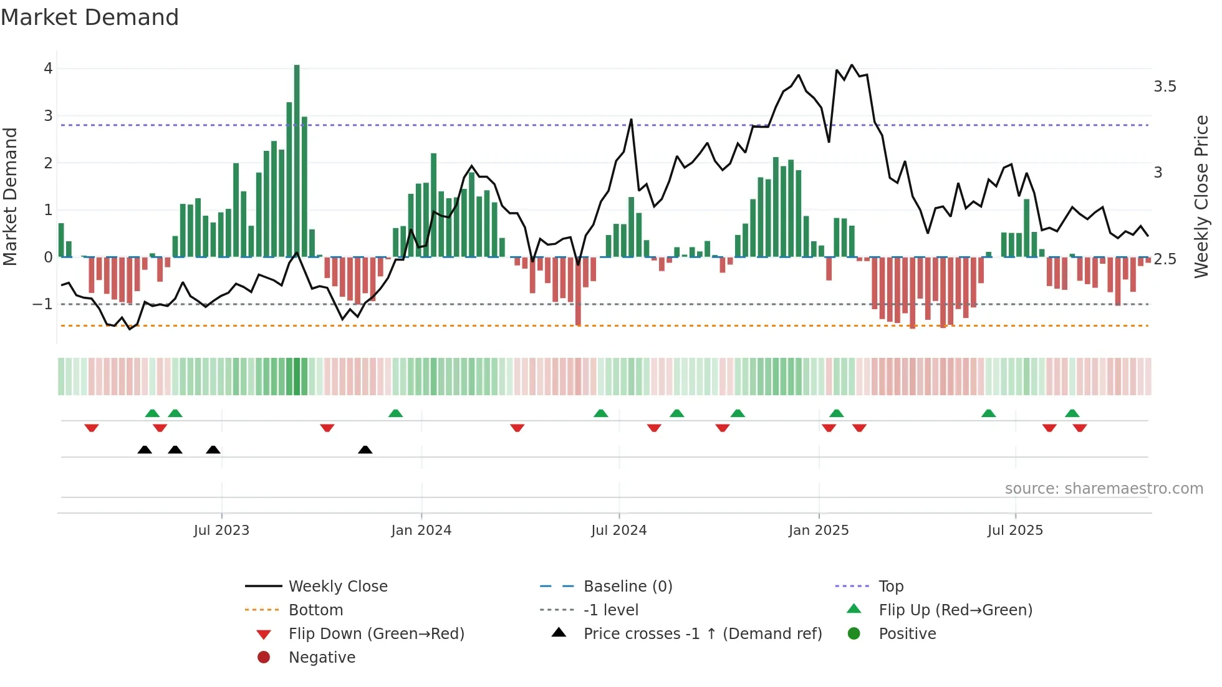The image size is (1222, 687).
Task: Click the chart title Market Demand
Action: click(x=90, y=17)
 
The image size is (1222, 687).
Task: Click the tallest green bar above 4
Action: click(x=297, y=160)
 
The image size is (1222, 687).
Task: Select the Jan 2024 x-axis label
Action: click(x=421, y=531)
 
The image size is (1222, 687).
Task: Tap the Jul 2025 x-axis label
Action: click(x=1014, y=531)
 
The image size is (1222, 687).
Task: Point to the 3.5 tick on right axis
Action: click(x=1164, y=87)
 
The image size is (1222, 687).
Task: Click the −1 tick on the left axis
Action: click(x=43, y=304)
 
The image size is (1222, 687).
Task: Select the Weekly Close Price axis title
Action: click(x=1201, y=196)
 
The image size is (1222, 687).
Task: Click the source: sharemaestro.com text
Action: click(x=1104, y=489)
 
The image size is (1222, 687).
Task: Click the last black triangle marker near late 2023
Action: click(x=365, y=450)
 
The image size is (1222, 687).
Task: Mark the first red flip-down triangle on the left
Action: click(x=92, y=428)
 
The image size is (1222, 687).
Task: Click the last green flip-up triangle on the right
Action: click(x=1072, y=413)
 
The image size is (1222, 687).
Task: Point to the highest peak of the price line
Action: click(x=852, y=65)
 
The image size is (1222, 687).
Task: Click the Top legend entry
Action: click(x=890, y=587)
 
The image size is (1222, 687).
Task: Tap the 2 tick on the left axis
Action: click(x=48, y=163)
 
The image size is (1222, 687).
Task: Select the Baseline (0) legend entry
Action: click(x=627, y=587)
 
